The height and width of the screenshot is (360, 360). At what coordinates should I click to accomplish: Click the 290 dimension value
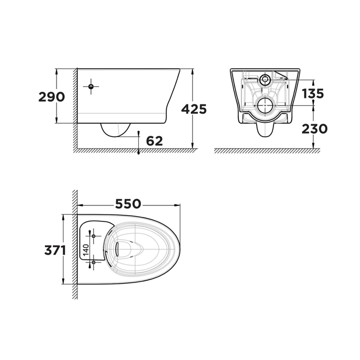click(x=52, y=97)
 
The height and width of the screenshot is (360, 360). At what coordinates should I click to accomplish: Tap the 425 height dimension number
click(x=194, y=109)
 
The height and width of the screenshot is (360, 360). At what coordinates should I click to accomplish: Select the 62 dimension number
click(x=154, y=141)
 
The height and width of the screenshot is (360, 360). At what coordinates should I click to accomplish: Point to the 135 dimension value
click(x=313, y=94)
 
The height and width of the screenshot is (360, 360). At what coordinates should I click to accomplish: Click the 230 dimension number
click(x=314, y=129)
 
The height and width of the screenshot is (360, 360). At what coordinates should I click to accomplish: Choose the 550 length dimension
click(x=128, y=204)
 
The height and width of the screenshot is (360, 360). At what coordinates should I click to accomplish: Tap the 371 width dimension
click(x=55, y=250)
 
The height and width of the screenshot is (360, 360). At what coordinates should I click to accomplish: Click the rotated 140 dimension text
click(x=86, y=250)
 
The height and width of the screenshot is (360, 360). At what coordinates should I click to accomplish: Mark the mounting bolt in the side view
click(x=91, y=86)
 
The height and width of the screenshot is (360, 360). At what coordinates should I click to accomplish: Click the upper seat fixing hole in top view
click(x=94, y=236)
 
